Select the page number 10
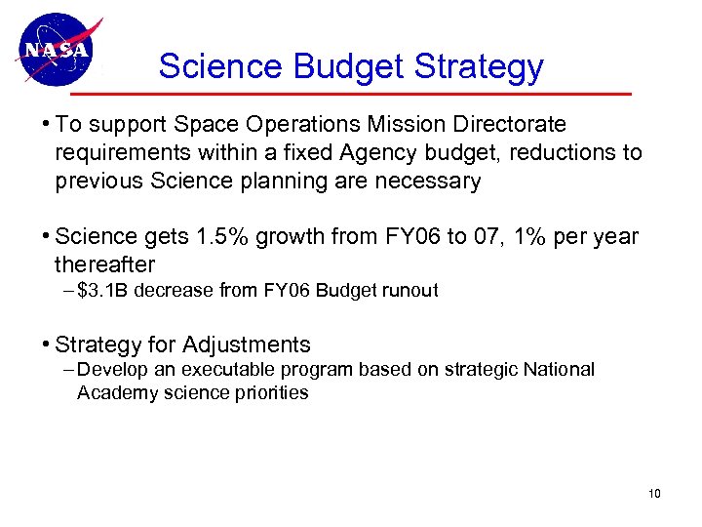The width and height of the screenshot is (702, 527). (654, 494)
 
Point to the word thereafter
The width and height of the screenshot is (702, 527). (105, 264)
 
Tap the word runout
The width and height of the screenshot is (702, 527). (410, 290)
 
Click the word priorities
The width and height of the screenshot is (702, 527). (272, 393)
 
